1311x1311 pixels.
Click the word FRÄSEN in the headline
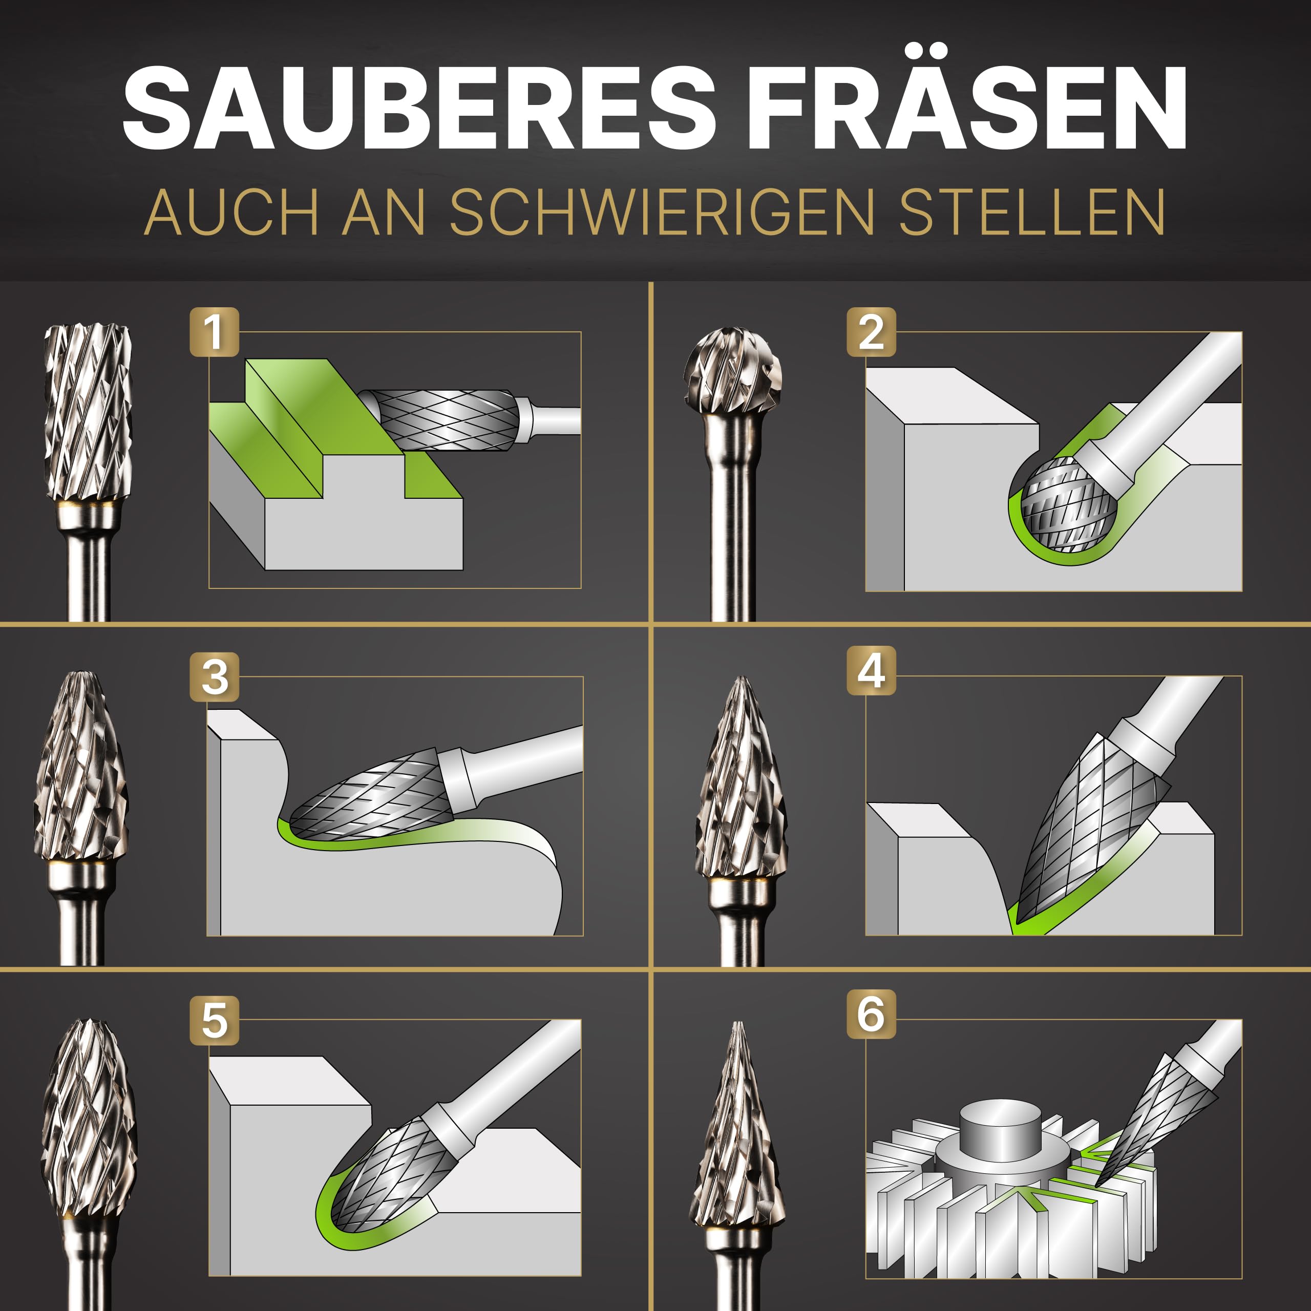point(966,109)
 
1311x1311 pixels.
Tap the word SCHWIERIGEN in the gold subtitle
point(662,213)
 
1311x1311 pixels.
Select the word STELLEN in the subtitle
point(1032,213)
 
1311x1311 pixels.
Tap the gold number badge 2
point(871,332)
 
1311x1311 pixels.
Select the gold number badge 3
point(215,676)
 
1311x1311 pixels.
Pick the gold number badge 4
point(871,670)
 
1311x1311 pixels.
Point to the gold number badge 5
point(215,1021)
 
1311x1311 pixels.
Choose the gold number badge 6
point(871,1014)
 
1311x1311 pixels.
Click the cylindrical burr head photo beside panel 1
point(88,414)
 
